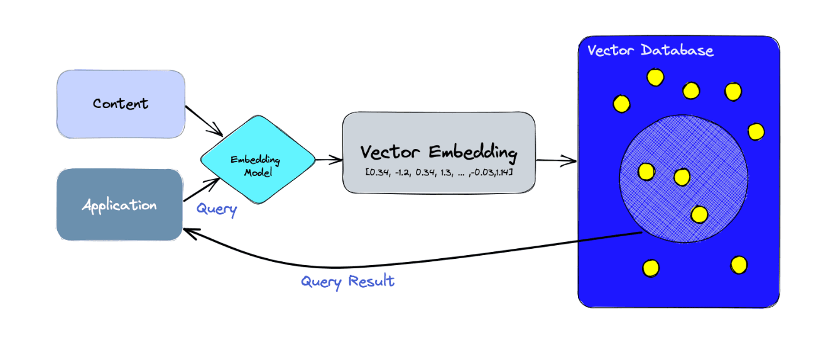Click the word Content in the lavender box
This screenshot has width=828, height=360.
pyautogui.click(x=121, y=104)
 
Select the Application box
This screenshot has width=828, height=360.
pyautogui.click(x=119, y=205)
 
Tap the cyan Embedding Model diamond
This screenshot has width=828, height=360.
pyautogui.click(x=258, y=160)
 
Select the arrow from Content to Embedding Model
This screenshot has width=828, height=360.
pyautogui.click(x=204, y=121)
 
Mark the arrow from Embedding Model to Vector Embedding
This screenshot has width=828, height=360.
pyautogui.click(x=328, y=160)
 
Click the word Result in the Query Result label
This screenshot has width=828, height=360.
pyautogui.click(x=372, y=281)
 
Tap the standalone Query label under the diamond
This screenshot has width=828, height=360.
pyautogui.click(x=217, y=209)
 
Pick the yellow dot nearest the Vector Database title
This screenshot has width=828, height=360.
pyautogui.click(x=655, y=77)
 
